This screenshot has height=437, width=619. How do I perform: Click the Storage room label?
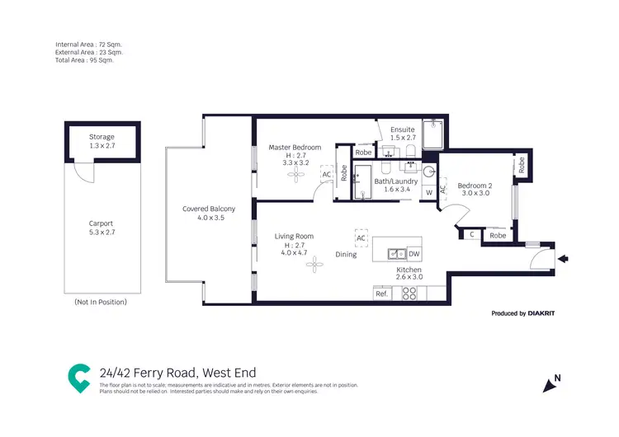pos(102,137)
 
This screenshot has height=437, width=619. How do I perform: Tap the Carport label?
pos(102,223)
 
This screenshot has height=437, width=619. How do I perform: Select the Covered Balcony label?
pos(209,209)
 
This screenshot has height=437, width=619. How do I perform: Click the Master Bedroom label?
pos(295,148)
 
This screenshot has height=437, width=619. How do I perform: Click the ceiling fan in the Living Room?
pos(310,266)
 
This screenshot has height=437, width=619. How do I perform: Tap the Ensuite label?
pos(402,129)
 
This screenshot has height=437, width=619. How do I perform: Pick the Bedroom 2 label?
pos(474,185)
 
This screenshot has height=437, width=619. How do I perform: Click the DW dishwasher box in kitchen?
pos(414,254)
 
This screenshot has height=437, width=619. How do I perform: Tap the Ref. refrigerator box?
pos(381,294)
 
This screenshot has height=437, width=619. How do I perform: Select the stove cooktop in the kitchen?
pos(410,294)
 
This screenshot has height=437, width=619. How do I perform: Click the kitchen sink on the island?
pos(395,254)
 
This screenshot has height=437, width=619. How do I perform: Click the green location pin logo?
pos(79,378)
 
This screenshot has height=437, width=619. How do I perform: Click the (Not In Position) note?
pos(101,303)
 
